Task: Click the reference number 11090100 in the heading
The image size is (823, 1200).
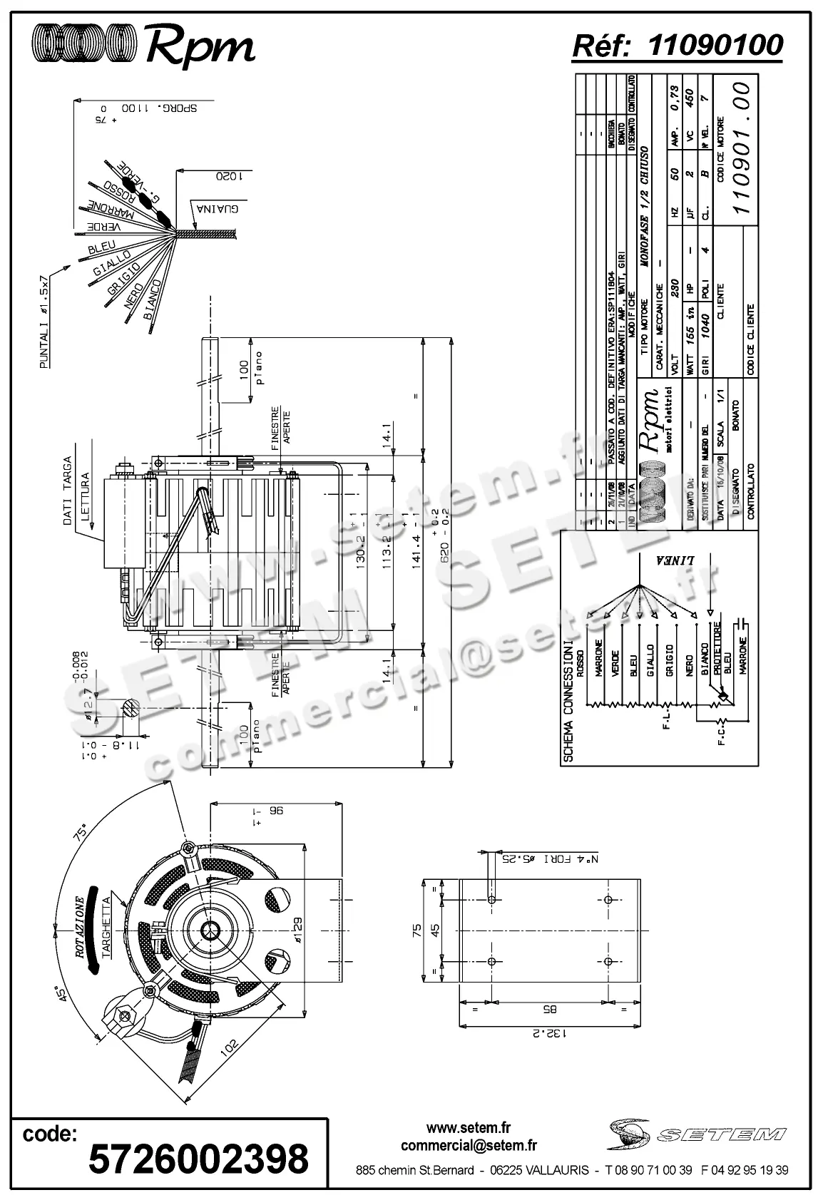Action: tap(715, 45)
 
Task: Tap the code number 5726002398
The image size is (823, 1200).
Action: tap(198, 1157)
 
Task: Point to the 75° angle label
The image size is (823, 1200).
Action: tap(83, 831)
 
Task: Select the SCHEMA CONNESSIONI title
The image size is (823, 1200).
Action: tap(568, 702)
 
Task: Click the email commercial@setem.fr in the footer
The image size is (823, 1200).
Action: tap(469, 1145)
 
